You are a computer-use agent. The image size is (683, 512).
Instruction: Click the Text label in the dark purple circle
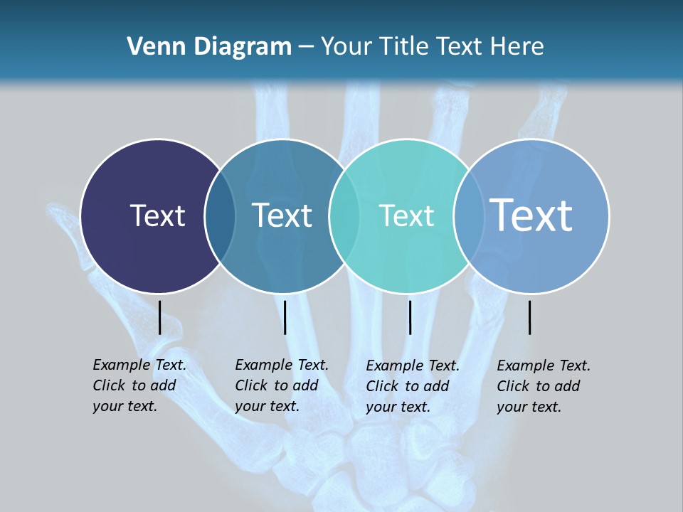tap(157, 215)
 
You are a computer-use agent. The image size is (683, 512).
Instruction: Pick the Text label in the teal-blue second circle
tap(282, 215)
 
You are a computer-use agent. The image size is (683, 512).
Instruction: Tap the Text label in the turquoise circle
tap(407, 215)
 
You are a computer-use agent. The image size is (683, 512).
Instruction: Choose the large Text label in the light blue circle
tap(531, 215)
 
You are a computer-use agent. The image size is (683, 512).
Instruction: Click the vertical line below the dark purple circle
tap(159, 317)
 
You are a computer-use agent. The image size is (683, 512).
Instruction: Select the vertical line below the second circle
tap(285, 317)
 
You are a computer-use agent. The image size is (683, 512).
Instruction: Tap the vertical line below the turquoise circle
tap(410, 317)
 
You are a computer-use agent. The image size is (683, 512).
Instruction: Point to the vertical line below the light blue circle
tap(529, 317)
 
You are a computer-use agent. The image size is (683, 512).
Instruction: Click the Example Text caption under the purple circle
tap(139, 385)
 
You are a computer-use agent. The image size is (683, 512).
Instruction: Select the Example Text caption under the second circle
tap(281, 385)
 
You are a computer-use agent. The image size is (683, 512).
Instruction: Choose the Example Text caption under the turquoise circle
tap(412, 386)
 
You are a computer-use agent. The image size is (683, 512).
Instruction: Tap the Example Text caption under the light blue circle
tap(543, 386)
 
